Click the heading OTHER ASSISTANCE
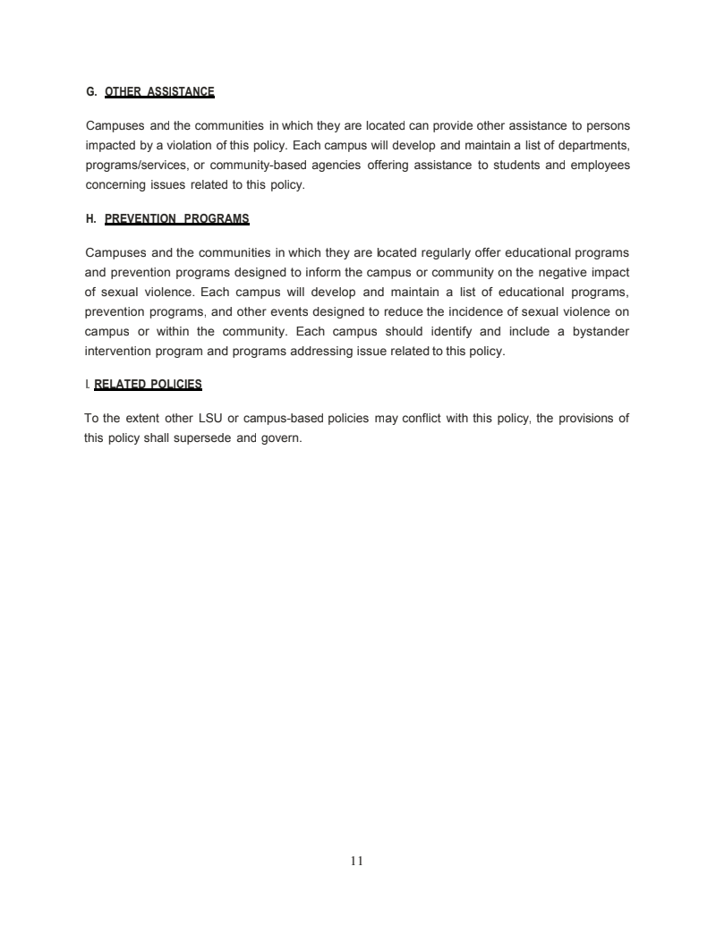click(159, 91)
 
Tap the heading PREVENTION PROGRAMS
click(176, 219)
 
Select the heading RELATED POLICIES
click(148, 385)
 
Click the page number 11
click(357, 861)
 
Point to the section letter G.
click(89, 91)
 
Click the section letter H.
click(89, 219)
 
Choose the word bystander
click(595, 331)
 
